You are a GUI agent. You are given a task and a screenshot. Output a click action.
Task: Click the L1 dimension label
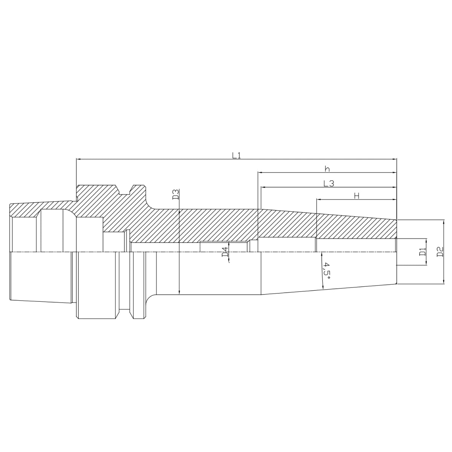tap(236, 155)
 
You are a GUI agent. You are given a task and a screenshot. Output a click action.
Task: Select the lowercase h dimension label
tap(327, 168)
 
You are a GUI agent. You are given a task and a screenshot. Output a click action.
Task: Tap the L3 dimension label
tap(329, 183)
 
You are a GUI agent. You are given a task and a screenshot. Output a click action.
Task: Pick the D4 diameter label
tap(225, 252)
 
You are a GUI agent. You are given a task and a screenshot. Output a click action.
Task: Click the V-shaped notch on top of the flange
tap(125, 189)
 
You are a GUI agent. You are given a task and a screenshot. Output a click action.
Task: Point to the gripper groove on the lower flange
tap(125, 312)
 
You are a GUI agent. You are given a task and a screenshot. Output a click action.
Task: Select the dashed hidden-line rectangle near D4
tap(224, 246)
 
